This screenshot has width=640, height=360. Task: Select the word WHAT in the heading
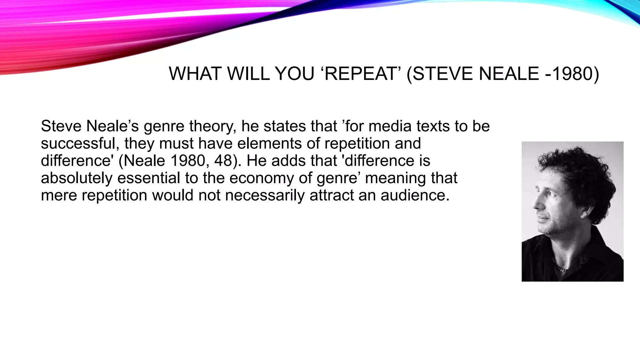coord(195,74)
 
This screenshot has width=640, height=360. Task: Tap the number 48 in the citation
coord(223,161)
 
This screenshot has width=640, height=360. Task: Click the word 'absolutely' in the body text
coord(77,178)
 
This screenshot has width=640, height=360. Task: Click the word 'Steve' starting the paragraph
coord(61,127)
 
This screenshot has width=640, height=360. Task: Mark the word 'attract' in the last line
coord(331,195)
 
